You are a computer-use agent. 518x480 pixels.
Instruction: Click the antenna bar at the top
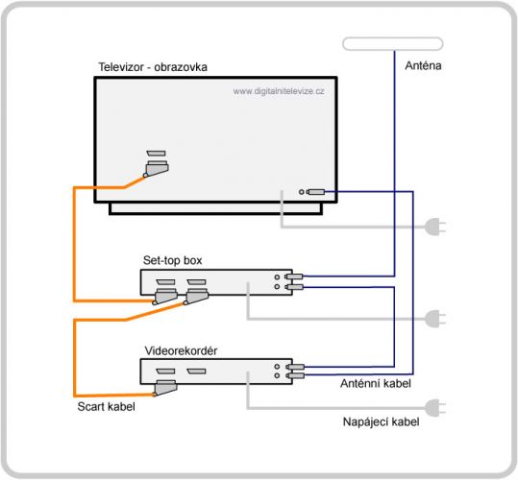click(393, 44)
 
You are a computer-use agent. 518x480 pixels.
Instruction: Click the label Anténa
click(423, 65)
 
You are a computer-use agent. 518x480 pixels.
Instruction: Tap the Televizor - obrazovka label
click(153, 67)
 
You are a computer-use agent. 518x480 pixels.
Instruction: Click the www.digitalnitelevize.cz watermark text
click(279, 91)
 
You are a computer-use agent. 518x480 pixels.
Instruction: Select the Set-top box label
click(172, 260)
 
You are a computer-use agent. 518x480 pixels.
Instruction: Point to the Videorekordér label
click(181, 350)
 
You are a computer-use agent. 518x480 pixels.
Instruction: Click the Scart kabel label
click(106, 406)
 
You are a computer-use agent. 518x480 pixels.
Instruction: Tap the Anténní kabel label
click(376, 383)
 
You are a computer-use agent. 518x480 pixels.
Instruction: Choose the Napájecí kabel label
click(382, 422)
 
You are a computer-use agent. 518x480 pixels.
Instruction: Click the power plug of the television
click(435, 227)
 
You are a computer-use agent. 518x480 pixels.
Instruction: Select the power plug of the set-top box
click(435, 319)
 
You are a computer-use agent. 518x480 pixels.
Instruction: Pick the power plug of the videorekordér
click(435, 408)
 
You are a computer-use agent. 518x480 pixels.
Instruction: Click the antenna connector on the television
click(315, 192)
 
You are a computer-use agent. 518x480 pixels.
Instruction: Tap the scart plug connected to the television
click(157, 169)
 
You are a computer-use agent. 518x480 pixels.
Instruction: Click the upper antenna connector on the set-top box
click(294, 276)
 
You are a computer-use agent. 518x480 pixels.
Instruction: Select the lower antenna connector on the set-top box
click(294, 287)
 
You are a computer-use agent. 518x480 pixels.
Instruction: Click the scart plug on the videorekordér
click(165, 388)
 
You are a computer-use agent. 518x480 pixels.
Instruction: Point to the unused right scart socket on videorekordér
click(196, 372)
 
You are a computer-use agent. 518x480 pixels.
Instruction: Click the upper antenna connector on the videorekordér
click(295, 367)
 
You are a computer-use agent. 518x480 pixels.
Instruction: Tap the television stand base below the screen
click(215, 208)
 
